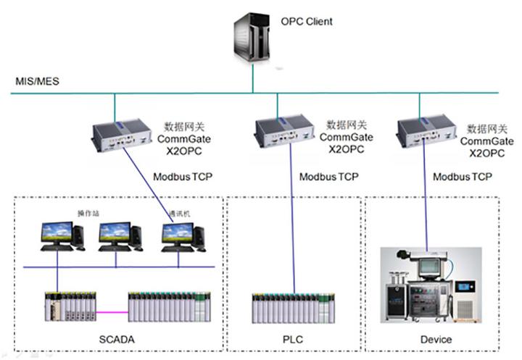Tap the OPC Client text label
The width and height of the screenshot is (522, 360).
(x=307, y=22)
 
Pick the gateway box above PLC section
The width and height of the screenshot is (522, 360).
(x=281, y=130)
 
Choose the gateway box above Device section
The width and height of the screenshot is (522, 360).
(x=423, y=130)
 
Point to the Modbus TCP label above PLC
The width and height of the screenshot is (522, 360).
(x=328, y=177)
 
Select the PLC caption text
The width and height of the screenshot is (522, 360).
(x=294, y=338)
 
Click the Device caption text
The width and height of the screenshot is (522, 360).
(x=435, y=338)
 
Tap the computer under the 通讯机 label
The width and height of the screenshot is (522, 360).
(x=181, y=237)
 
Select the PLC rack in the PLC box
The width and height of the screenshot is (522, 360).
(x=294, y=308)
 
